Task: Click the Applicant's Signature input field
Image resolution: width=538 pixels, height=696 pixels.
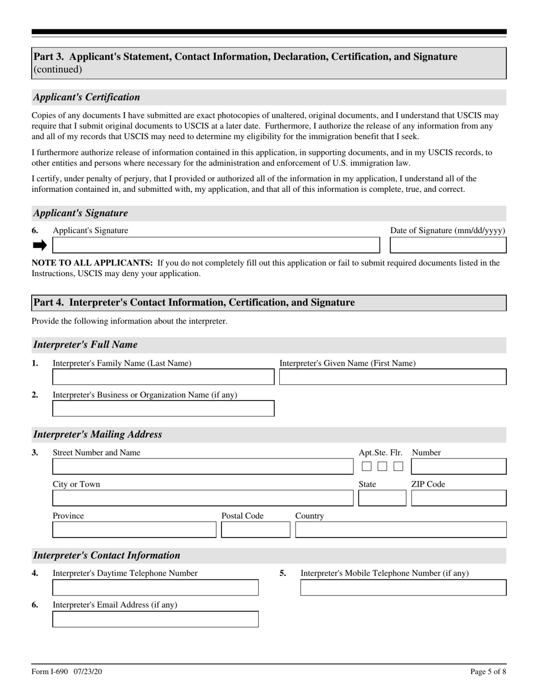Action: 216,245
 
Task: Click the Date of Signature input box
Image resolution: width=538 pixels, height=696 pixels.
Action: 448,245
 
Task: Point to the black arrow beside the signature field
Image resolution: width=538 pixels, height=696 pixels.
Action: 40,245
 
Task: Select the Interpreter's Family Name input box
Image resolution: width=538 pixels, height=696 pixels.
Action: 163,377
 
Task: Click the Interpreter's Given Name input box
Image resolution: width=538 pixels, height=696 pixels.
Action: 392,377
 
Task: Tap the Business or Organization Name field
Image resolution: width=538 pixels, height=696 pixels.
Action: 163,409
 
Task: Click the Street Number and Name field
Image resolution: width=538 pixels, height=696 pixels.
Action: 202,466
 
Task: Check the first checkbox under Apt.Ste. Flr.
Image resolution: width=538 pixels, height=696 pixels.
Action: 366,466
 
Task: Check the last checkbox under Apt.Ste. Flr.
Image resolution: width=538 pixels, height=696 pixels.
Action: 398,466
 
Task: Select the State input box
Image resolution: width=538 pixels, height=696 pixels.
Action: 382,498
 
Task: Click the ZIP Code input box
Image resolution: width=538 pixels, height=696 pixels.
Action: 458,498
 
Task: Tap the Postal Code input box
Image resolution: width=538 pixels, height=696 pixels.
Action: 255,530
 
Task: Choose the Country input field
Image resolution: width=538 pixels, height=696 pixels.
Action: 400,530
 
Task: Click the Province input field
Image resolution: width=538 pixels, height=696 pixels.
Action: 134,530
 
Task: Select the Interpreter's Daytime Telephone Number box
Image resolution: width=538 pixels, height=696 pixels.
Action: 155,588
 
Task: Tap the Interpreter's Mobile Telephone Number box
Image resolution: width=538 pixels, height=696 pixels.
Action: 403,588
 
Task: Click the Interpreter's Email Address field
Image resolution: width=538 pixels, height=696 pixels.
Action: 155,619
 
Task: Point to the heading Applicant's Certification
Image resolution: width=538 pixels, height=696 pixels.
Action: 87,97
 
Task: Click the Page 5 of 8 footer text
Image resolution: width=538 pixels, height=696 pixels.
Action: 488,672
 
